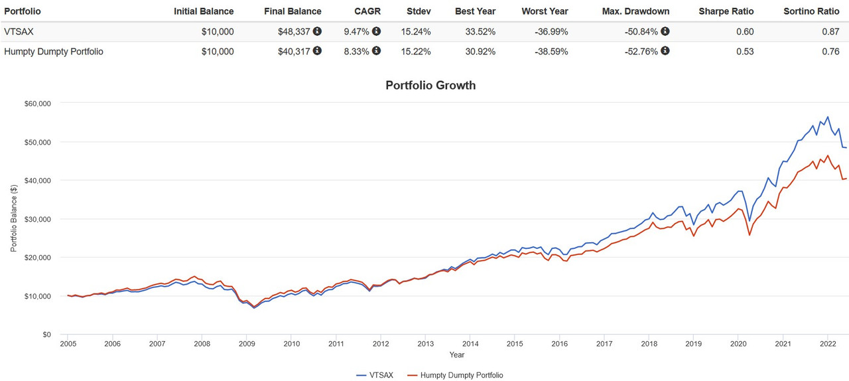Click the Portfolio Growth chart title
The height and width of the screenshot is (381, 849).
pyautogui.click(x=430, y=85)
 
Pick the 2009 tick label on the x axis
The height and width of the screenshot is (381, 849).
pyautogui.click(x=247, y=344)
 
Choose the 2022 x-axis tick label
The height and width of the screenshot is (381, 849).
pyautogui.click(x=828, y=344)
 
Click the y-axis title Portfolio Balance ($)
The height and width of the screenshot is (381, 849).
pyautogui.click(x=13, y=218)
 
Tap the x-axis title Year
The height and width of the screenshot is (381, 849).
pyautogui.click(x=456, y=355)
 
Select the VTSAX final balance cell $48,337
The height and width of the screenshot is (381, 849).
pyautogui.click(x=294, y=31)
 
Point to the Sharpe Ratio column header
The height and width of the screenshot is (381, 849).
pyautogui.click(x=726, y=11)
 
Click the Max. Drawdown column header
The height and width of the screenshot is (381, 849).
pyautogui.click(x=635, y=11)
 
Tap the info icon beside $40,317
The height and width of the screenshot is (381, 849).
pyautogui.click(x=317, y=50)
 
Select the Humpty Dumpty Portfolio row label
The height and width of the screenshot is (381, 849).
pyautogui.click(x=54, y=51)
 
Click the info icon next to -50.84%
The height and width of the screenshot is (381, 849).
pyautogui.click(x=665, y=31)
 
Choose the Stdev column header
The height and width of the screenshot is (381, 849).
pyautogui.click(x=419, y=11)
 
